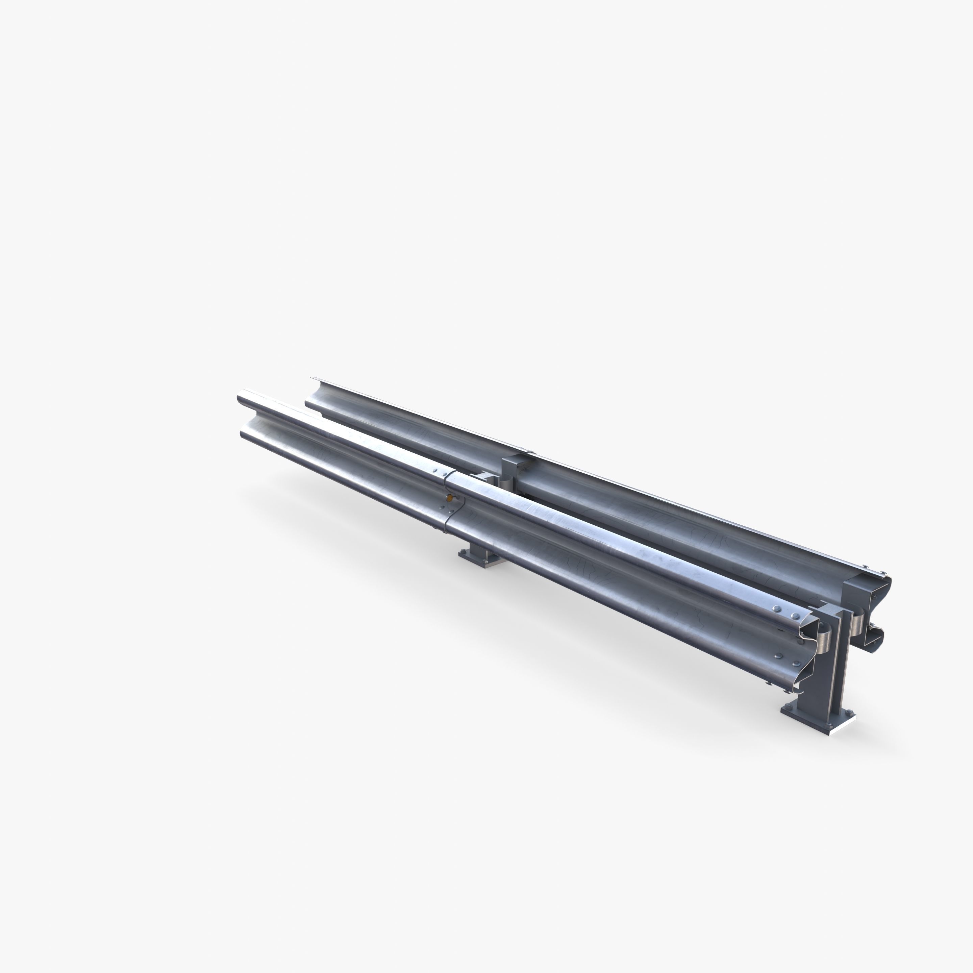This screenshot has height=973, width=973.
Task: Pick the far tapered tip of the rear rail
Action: pos(311,379)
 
